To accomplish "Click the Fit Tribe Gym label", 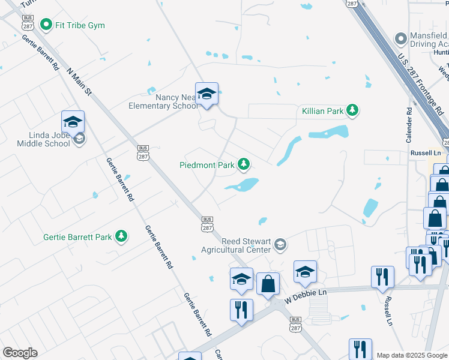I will click(x=80, y=25).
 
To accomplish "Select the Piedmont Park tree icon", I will click(x=244, y=163).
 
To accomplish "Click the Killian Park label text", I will click(x=323, y=110).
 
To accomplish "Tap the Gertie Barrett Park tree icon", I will click(x=121, y=236).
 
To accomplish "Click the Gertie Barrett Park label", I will click(x=77, y=237).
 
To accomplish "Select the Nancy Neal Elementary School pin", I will click(x=206, y=94).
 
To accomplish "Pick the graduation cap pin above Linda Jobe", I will click(x=73, y=122).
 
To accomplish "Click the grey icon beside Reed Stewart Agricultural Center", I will click(x=280, y=245).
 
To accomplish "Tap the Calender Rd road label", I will click(x=409, y=125).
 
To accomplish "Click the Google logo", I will click(x=20, y=353).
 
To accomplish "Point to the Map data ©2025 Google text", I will click(x=412, y=355).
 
